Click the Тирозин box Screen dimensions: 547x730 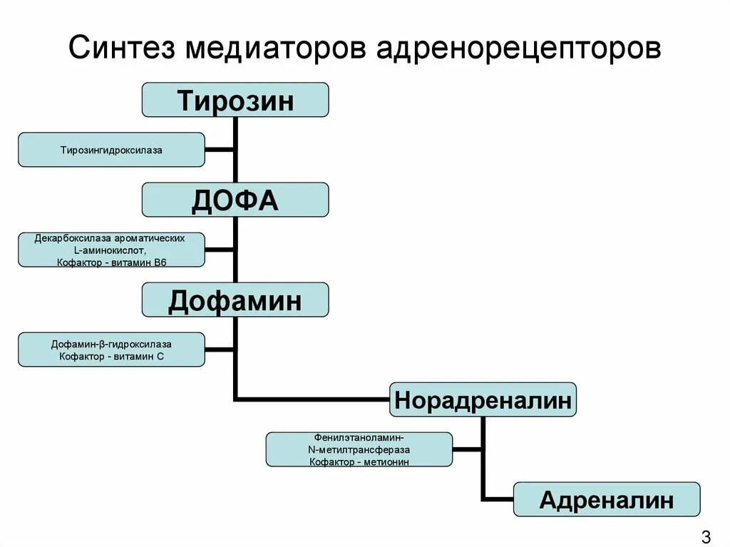(235, 100)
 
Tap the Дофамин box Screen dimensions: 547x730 (235, 300)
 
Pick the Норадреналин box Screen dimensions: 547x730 (483, 400)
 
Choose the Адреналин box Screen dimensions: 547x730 (607, 499)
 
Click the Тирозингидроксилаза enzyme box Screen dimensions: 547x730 (111, 150)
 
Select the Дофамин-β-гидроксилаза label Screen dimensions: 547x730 (111, 344)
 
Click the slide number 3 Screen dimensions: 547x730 (706, 536)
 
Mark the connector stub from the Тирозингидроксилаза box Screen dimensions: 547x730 (220, 150)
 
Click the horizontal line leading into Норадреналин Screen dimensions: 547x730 (314, 398)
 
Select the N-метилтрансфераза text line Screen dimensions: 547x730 (359, 450)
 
